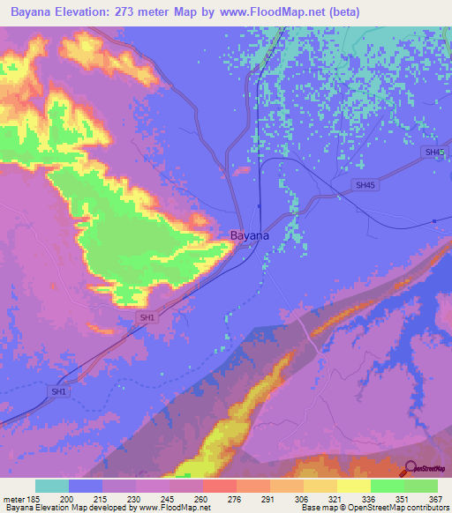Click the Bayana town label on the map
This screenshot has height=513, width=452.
(250, 236)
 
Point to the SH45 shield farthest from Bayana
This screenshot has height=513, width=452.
(433, 152)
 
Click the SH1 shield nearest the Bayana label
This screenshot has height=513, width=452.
(147, 317)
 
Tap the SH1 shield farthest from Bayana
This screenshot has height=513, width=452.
(59, 391)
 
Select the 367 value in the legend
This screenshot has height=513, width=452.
(435, 500)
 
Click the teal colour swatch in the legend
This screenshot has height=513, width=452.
(52, 486)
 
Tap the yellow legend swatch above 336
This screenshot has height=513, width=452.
(353, 486)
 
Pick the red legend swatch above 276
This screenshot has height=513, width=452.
(219, 486)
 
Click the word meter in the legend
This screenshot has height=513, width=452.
(15, 500)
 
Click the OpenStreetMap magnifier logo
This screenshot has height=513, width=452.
(410, 470)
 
